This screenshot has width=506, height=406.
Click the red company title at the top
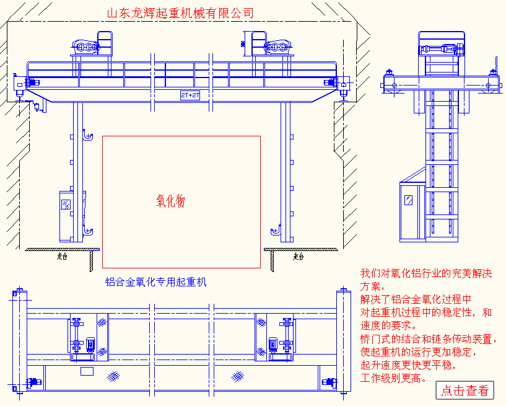pyautogui.click(x=180, y=13)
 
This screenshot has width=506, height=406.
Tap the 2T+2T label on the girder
pyautogui.click(x=190, y=95)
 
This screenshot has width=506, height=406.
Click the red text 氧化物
pyautogui.click(x=170, y=201)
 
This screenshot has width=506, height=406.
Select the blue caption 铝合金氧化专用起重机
pyautogui.click(x=155, y=283)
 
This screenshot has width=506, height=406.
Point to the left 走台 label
pyautogui.click(x=62, y=256)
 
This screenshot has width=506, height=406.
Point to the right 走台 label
pyautogui.click(x=299, y=256)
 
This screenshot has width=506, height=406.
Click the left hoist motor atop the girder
pyautogui.click(x=87, y=47)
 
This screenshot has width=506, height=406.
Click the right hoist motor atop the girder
pyautogui.click(x=277, y=47)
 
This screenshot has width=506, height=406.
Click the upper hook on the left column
pyautogui.click(x=87, y=135)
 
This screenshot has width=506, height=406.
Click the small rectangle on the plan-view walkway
pyautogui.click(x=87, y=371)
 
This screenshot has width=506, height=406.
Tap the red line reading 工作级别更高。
pyautogui.click(x=394, y=378)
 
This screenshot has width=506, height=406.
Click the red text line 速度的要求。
pyautogui.click(x=389, y=325)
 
